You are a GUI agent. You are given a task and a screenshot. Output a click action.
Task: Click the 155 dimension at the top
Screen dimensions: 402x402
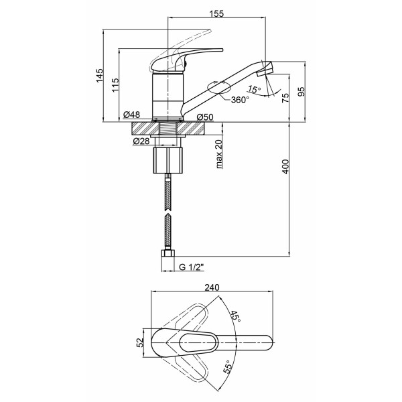coord(216,13)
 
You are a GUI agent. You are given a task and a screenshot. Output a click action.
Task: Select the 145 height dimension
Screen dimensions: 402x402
coord(99,75)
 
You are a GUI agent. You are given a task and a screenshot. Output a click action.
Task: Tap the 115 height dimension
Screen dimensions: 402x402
coord(116,85)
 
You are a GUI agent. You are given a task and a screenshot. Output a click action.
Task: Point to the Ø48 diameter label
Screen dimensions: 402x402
coord(131,115)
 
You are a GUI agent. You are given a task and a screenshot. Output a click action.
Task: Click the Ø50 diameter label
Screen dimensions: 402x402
coord(205,117)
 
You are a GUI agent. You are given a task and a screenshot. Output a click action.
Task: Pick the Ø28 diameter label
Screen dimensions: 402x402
coord(141,141)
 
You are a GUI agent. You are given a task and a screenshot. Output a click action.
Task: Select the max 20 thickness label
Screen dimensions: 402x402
coord(219,154)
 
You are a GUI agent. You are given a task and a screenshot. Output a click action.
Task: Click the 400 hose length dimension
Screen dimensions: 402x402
coord(285,167)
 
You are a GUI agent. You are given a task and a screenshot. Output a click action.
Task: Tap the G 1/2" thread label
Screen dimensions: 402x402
coord(191,267)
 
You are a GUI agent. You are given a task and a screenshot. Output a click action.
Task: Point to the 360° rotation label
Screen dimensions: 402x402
coord(240,100)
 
